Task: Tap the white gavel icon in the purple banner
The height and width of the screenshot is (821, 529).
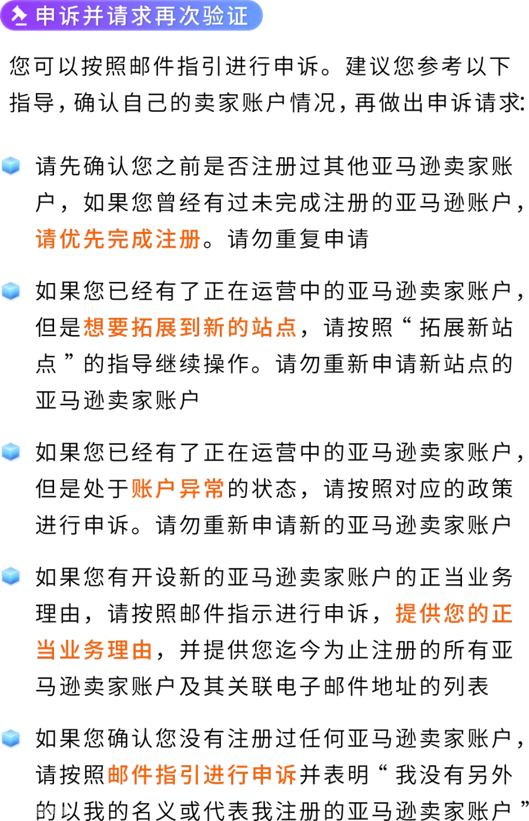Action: point(19,16)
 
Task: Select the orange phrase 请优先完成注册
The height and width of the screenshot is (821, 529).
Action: point(118,239)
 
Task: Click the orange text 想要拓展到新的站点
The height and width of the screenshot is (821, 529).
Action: point(190,327)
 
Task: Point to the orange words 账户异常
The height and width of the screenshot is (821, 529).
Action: point(178,488)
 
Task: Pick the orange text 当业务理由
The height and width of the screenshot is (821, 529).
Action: point(93,650)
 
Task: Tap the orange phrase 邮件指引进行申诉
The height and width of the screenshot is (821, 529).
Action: point(202,775)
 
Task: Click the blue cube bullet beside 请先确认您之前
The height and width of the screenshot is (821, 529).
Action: point(11,165)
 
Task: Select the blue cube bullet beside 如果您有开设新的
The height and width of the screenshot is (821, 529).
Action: point(11,576)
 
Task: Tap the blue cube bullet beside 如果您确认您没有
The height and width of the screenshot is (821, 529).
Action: point(11,738)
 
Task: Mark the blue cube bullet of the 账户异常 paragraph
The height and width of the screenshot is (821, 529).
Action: point(11,451)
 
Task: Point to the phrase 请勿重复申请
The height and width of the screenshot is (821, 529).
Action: point(298,239)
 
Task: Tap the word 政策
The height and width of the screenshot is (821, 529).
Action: point(488,488)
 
